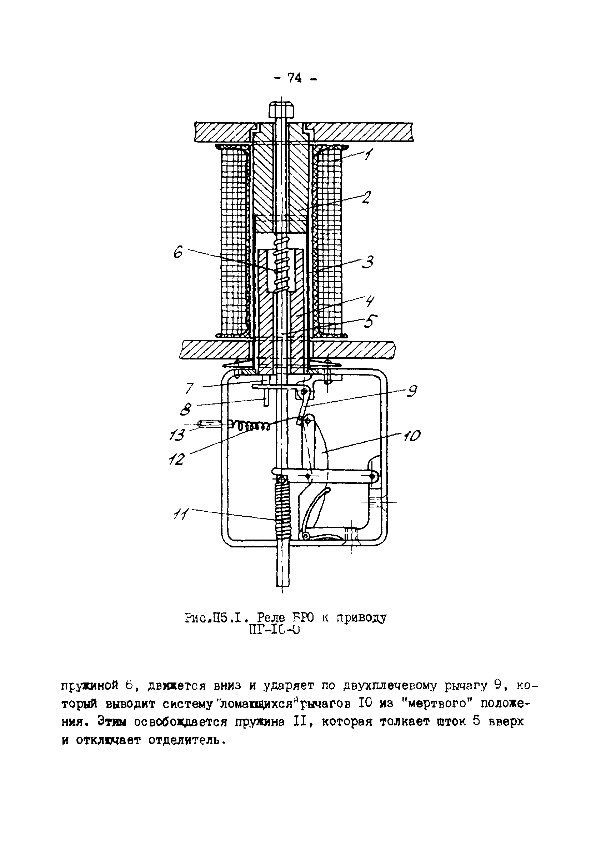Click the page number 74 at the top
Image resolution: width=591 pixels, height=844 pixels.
coord(295,78)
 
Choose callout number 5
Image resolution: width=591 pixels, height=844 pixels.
coord(370,321)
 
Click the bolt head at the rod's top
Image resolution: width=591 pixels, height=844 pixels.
coord(281,109)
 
